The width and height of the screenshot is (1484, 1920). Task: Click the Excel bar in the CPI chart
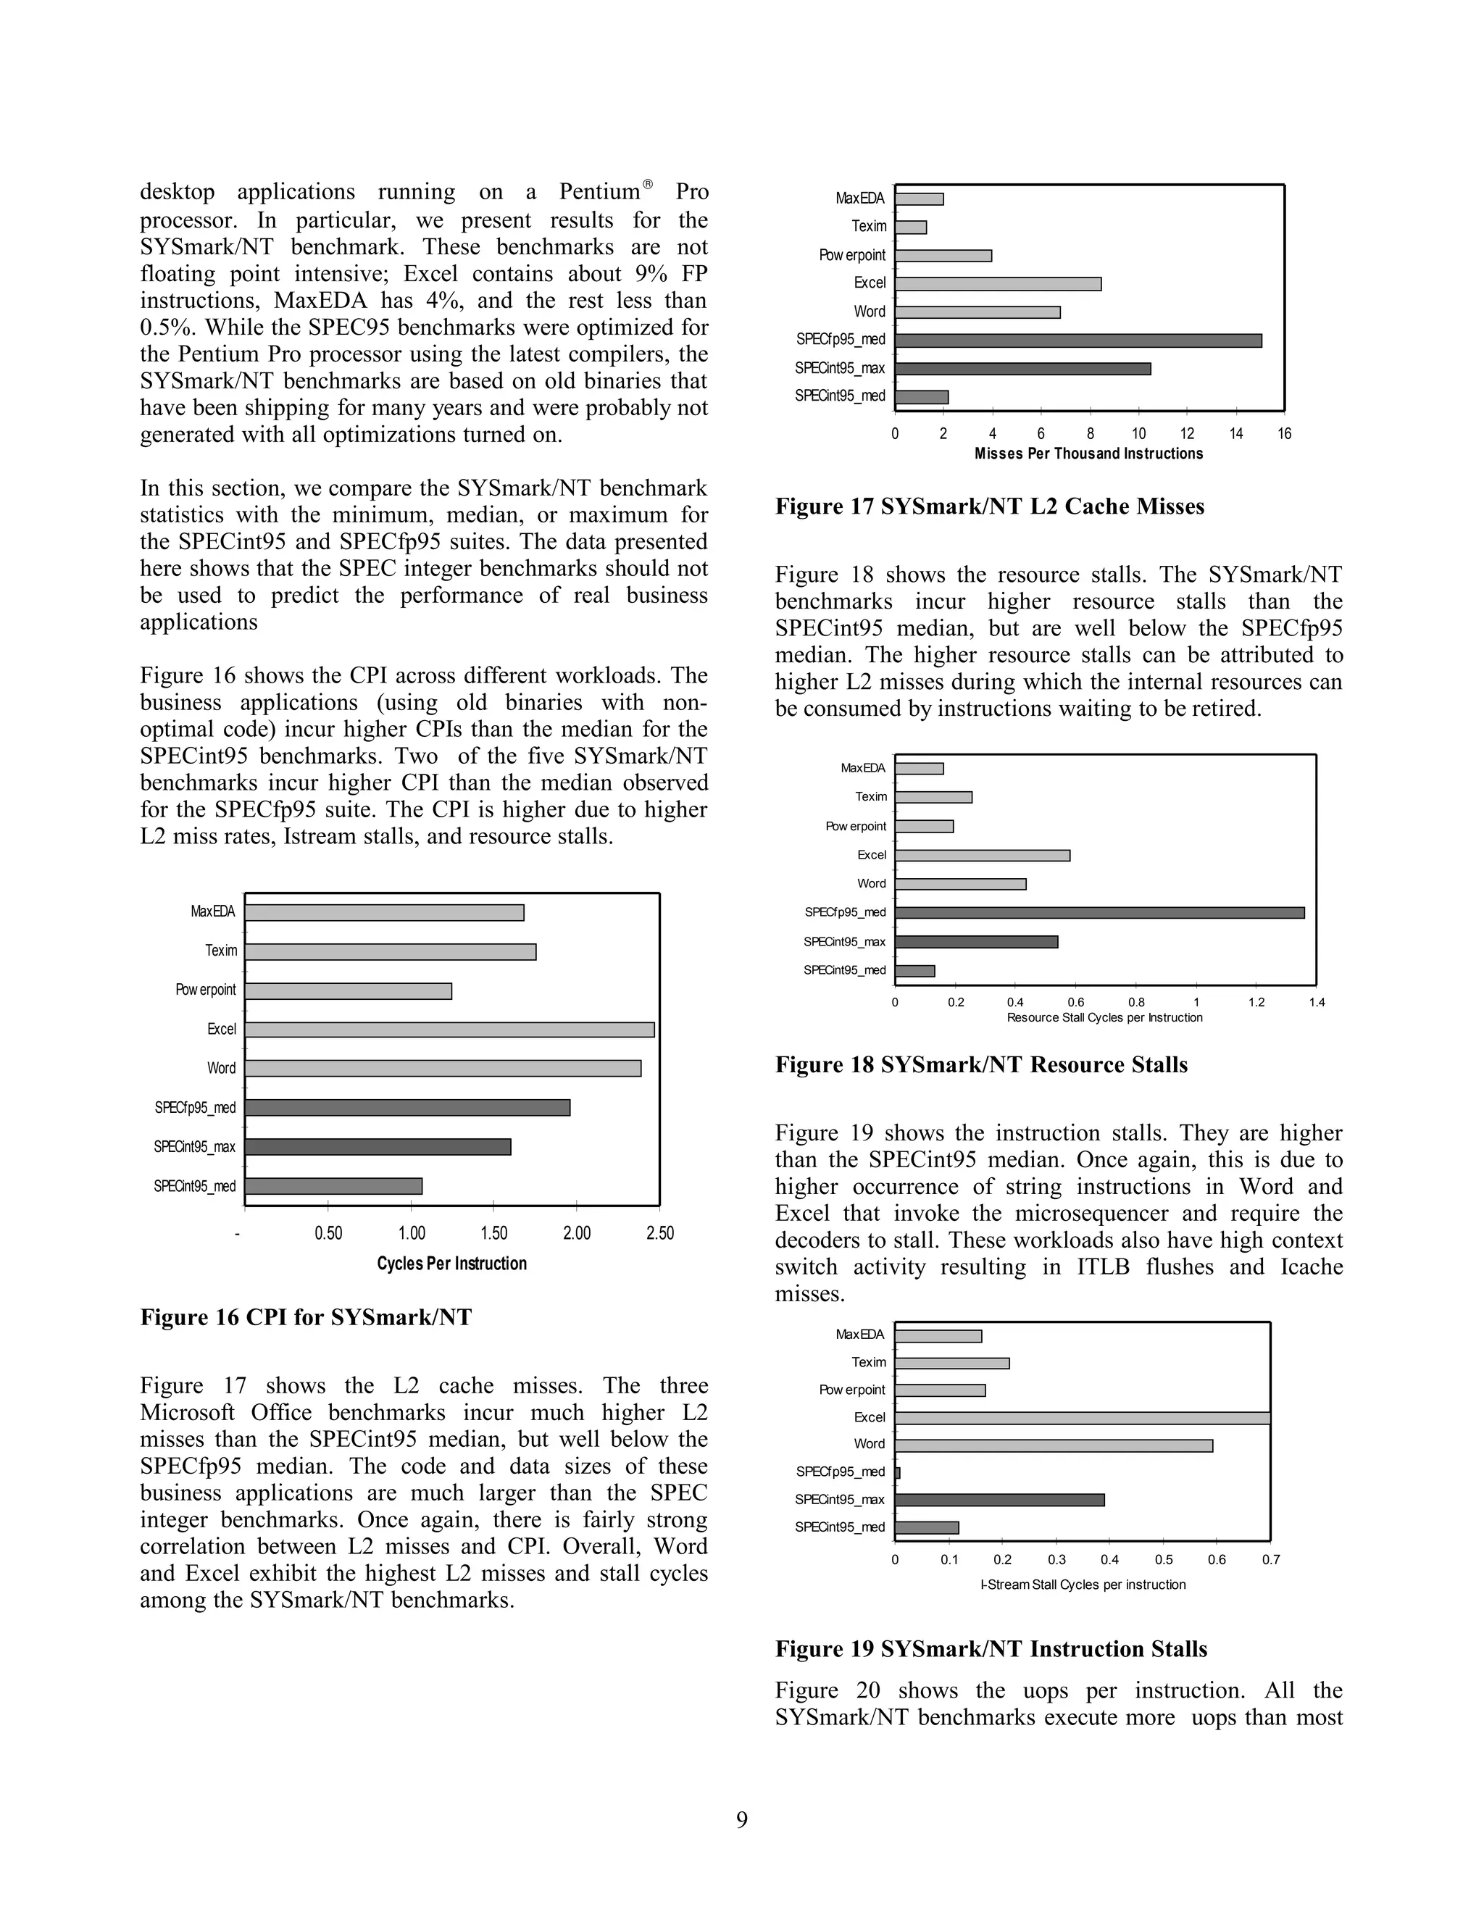449,1030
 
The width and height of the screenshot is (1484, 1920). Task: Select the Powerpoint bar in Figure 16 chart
348,990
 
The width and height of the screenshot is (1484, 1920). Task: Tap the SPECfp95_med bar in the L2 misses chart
1077,341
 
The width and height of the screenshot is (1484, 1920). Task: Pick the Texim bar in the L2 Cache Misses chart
911,227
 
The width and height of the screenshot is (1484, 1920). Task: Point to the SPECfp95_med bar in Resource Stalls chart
1099,912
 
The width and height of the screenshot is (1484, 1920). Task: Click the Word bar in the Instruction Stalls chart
1053,1445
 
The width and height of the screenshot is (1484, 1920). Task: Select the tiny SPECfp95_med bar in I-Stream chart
898,1472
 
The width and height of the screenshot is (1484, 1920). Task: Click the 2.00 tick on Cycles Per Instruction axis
577,1233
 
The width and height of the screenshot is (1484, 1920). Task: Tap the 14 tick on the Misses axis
1236,433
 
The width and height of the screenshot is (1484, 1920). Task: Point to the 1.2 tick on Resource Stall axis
1256,1002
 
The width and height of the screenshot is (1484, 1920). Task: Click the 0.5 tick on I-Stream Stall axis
1163,1560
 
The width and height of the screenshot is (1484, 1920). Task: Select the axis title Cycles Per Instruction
452,1264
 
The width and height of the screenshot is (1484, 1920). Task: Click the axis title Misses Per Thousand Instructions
1088,454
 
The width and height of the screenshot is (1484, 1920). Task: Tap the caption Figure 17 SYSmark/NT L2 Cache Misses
989,506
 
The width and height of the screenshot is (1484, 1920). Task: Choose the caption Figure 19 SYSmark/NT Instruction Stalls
991,1649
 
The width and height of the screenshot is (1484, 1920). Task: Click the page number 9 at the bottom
742,1820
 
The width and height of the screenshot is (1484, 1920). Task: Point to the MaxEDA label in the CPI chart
213,911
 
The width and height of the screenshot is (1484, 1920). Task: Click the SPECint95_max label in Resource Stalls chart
844,942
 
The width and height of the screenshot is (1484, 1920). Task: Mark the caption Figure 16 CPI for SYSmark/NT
306,1317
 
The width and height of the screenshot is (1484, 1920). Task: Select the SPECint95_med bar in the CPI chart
333,1186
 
